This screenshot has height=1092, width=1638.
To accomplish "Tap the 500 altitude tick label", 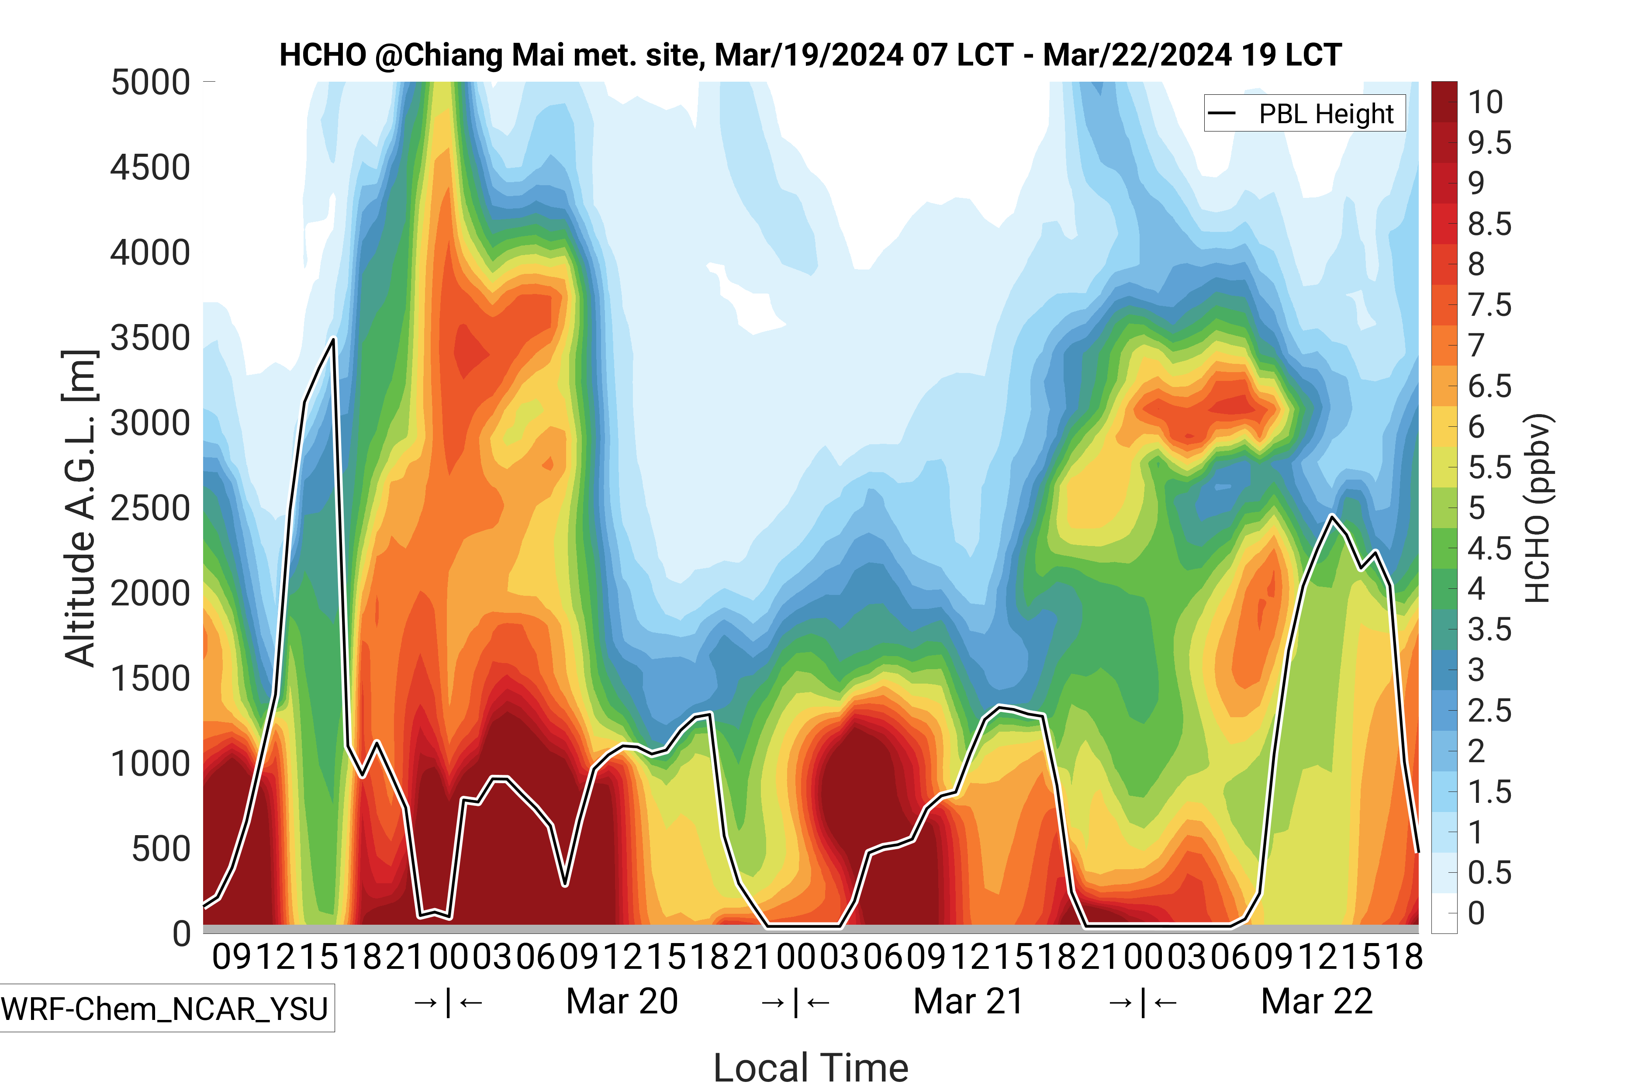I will (x=161, y=849).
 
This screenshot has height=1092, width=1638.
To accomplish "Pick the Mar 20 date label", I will (x=622, y=1002).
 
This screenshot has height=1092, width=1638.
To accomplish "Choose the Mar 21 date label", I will (x=968, y=1002).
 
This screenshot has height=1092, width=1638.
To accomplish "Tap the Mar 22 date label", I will (x=1316, y=1002).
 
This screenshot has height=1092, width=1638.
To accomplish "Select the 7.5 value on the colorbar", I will (x=1489, y=305).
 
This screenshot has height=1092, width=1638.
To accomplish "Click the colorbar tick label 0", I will (x=1476, y=913).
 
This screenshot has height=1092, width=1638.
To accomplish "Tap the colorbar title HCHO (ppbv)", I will (x=1538, y=508).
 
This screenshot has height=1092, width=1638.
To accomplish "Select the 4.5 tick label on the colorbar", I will (x=1489, y=549).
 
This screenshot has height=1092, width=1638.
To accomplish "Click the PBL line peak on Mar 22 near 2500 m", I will (x=1331, y=516).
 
